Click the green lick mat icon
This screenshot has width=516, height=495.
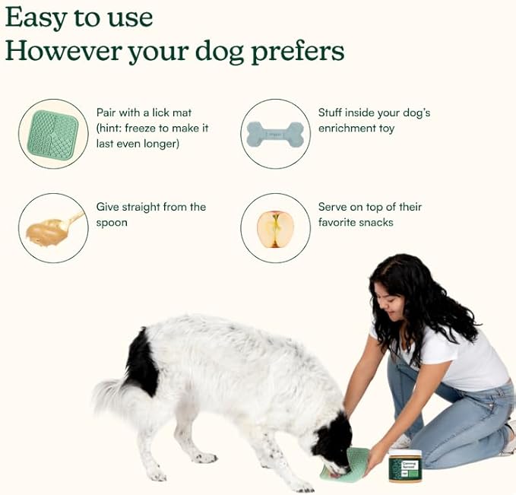[53, 134]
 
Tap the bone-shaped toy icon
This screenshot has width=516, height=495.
[275, 134]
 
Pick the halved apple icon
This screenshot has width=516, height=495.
[275, 228]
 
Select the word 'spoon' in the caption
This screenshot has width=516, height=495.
[112, 223]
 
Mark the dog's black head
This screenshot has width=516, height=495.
[333, 441]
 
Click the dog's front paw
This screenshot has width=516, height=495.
[204, 458]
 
